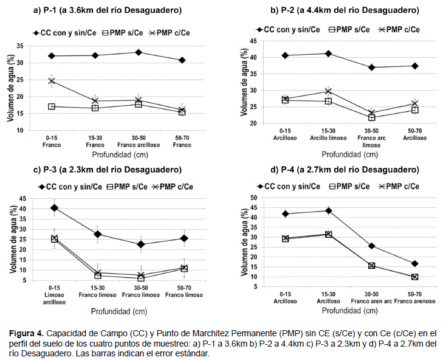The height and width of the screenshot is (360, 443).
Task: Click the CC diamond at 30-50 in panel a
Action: [139, 52]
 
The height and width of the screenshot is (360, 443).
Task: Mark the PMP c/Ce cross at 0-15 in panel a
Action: [52, 81]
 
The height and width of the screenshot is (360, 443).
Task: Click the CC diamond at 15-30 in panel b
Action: [329, 54]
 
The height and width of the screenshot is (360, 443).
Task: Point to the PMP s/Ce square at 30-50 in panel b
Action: [371, 117]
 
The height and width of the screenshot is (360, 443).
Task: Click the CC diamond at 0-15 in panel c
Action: [55, 208]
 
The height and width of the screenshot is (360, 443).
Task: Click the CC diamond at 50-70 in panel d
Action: [414, 263]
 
